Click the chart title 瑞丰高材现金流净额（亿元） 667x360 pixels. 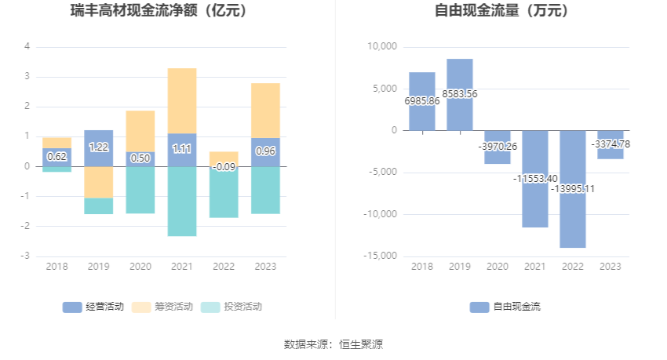(x=169, y=11)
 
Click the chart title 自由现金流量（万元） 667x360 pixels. (x=502, y=11)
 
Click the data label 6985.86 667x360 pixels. (x=422, y=101)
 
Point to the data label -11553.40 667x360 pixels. (x=535, y=179)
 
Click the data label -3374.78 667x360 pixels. (x=611, y=144)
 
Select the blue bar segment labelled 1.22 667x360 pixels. (x=99, y=147)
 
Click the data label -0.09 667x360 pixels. (x=224, y=166)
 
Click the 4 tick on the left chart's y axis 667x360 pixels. (x=27, y=46)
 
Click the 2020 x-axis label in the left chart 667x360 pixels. (x=140, y=267)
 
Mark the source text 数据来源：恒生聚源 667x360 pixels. (x=333, y=344)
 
